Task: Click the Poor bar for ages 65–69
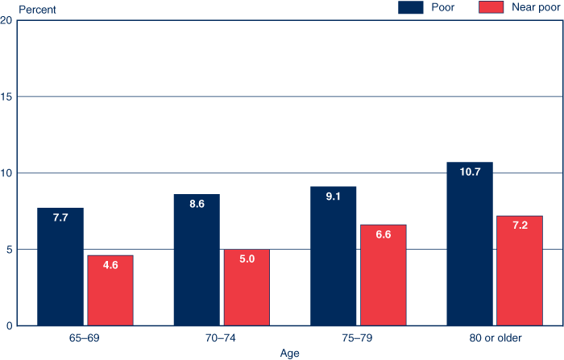[60, 267]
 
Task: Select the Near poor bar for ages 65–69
[110, 290]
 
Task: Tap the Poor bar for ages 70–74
[197, 259]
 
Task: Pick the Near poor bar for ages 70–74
[247, 287]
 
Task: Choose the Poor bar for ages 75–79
[334, 256]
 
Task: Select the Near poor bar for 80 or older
[520, 271]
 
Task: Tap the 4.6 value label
[110, 267]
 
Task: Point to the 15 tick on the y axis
[6, 97]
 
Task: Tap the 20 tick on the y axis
[6, 21]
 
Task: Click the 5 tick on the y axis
[6, 250]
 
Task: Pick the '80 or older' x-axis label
[495, 337]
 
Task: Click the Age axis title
[290, 353]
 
